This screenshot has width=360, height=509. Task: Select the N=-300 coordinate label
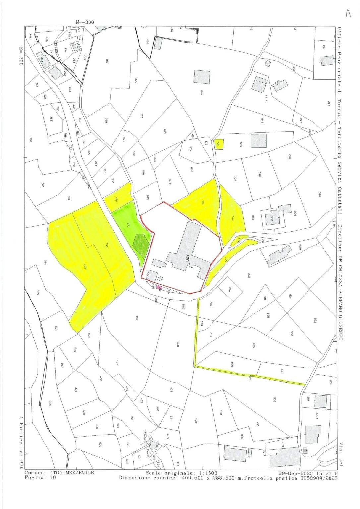coord(85,22)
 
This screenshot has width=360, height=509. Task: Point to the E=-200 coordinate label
coord(21,54)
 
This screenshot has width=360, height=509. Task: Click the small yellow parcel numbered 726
coord(219,144)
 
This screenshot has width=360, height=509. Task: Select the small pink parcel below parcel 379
coord(159,289)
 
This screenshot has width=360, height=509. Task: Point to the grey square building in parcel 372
coord(202,77)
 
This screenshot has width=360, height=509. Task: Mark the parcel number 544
coord(233,219)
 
